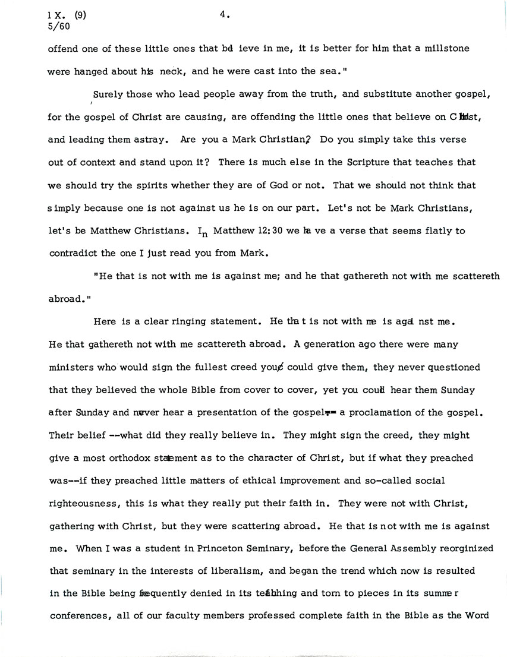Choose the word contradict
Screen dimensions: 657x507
coord(71,252)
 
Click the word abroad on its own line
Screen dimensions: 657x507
coord(64,299)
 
